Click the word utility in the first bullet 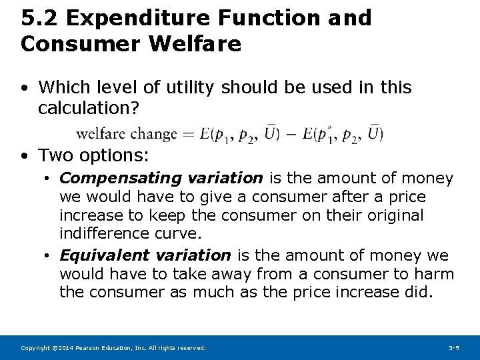pyautogui.click(x=193, y=87)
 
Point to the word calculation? pyautogui.click(x=89, y=107)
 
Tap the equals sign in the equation pyautogui.click(x=189, y=134)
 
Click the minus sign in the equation pyautogui.click(x=291, y=134)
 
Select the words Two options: pyautogui.click(x=94, y=156)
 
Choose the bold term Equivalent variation pyautogui.click(x=145, y=255)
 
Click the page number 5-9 pyautogui.click(x=454, y=348)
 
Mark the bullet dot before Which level pyautogui.click(x=25, y=88)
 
